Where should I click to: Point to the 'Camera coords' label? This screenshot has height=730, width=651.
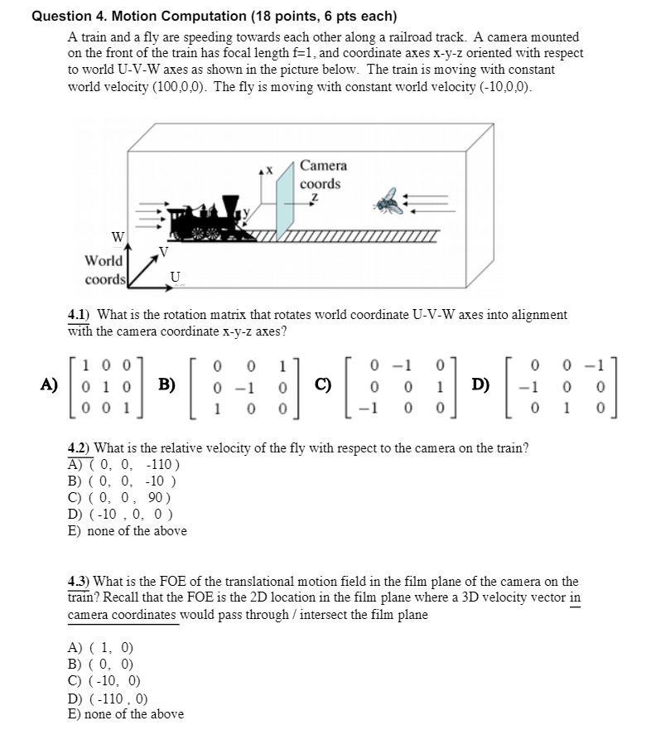click(322, 175)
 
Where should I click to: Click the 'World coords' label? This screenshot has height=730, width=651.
click(104, 269)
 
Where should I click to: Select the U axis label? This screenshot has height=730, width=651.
click(175, 276)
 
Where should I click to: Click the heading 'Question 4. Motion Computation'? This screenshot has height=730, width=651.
click(214, 16)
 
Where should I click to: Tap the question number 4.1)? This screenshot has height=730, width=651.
click(82, 315)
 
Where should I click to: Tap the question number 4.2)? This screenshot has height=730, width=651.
click(82, 448)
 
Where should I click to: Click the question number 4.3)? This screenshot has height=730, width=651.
click(82, 582)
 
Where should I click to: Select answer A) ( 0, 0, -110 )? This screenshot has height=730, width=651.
click(123, 465)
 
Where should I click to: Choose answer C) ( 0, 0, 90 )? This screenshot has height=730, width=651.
click(119, 498)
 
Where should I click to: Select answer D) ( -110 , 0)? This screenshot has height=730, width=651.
click(108, 699)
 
